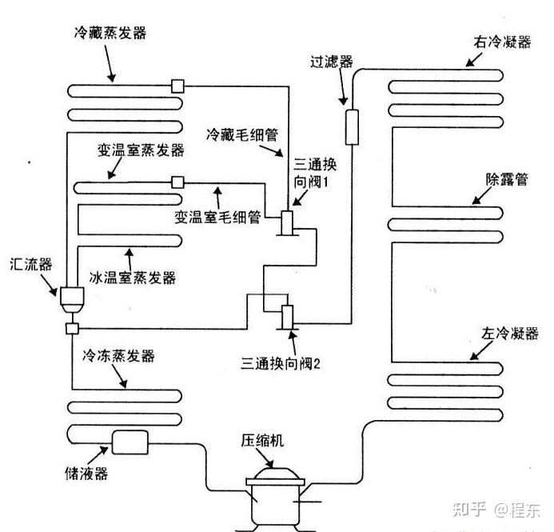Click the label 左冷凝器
coord(503,333)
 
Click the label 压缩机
coord(264,441)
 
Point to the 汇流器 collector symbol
coord(70,298)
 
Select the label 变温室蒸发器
coord(141,150)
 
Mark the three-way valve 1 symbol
coord(289,222)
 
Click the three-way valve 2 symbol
coord(287,315)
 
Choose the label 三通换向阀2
coord(280,362)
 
